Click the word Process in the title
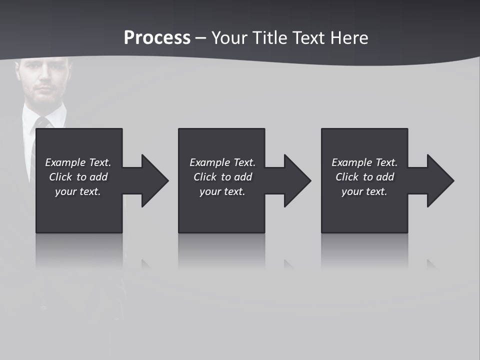point(157,38)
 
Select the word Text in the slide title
point(308,38)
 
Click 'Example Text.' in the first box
point(78,162)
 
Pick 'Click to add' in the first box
point(78,177)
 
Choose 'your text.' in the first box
point(78,191)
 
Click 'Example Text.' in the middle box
point(222,162)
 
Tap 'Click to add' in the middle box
point(222,177)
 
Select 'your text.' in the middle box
point(222,191)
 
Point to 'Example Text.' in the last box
point(364,162)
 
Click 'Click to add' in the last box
point(364,177)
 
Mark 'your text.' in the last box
point(364,191)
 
